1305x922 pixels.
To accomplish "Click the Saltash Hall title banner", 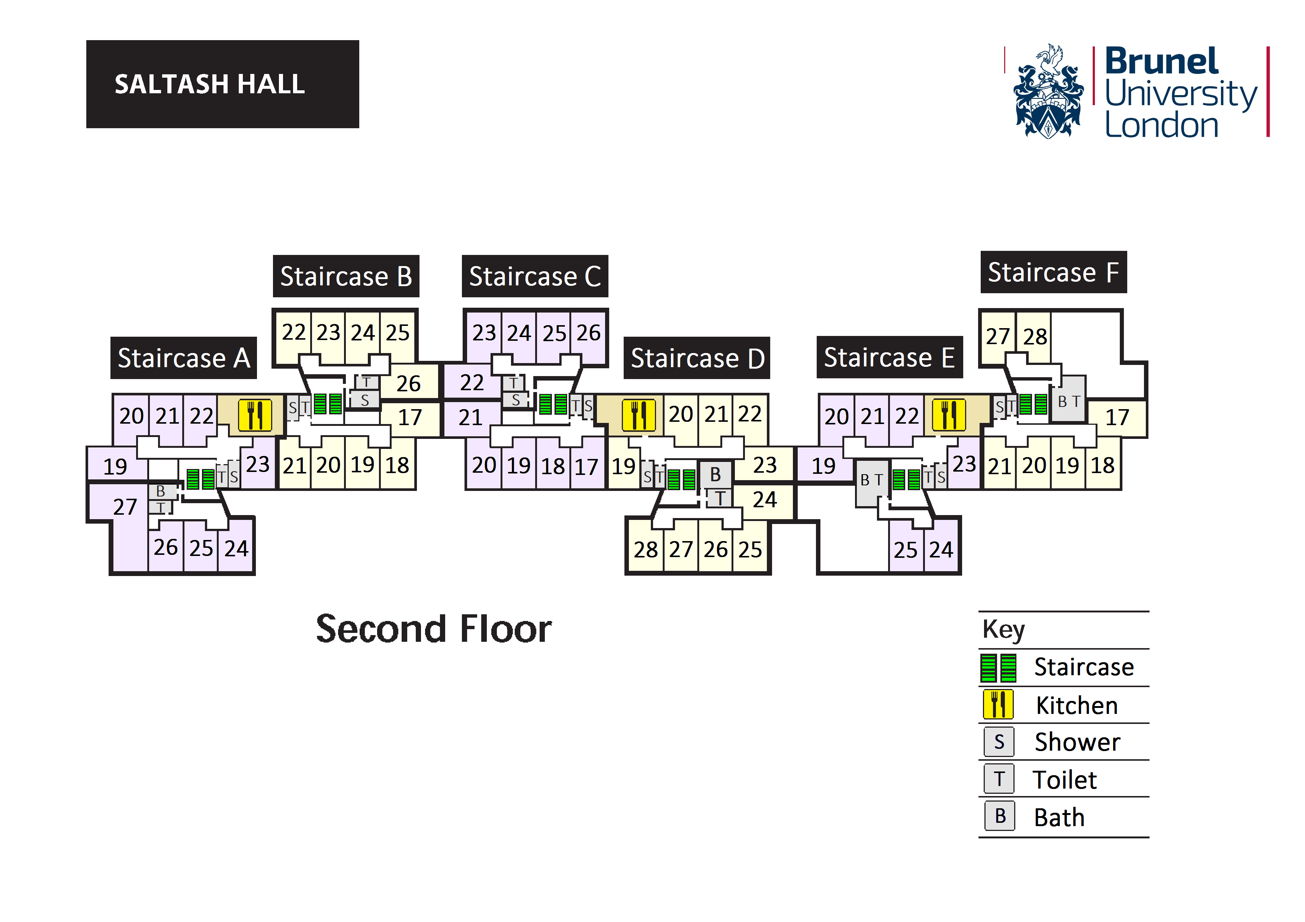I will pyautogui.click(x=222, y=84).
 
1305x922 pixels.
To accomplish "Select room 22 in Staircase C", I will pyautogui.click(x=471, y=383).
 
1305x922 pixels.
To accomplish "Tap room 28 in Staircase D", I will pyautogui.click(x=646, y=549).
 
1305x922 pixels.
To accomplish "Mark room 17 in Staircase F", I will pyautogui.click(x=1117, y=418).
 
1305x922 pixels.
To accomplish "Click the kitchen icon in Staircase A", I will pyautogui.click(x=255, y=415).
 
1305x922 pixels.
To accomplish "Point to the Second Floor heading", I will pyautogui.click(x=434, y=630).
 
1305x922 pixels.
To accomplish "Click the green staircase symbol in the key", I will pyautogui.click(x=998, y=668).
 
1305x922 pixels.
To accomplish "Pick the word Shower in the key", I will pyautogui.click(x=1077, y=742).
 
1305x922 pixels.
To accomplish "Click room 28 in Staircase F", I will pyautogui.click(x=1035, y=337).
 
